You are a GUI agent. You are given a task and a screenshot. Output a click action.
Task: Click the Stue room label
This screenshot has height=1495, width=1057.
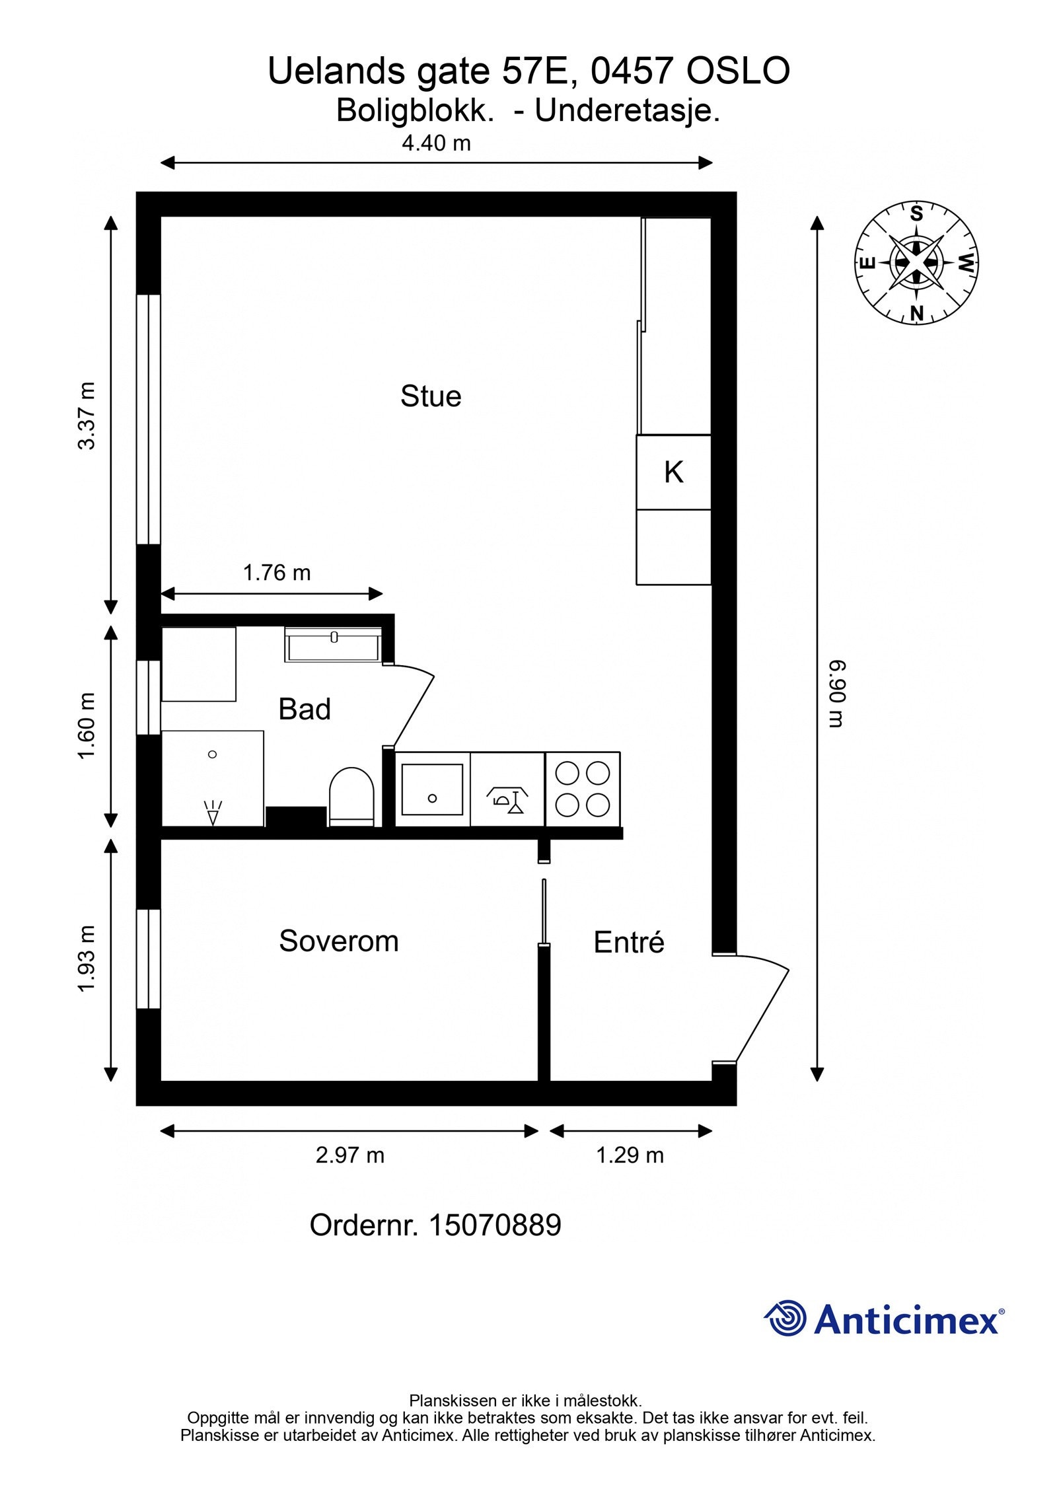430,396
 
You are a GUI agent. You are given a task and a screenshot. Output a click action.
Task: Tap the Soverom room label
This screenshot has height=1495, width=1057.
338,941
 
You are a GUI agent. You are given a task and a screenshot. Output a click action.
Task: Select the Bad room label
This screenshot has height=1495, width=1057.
304,709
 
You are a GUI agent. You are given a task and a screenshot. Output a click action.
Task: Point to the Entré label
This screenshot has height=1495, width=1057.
628,942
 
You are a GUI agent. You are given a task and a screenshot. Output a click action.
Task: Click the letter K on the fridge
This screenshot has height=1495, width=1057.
673,472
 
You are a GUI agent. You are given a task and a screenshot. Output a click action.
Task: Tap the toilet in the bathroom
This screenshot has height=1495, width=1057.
351,797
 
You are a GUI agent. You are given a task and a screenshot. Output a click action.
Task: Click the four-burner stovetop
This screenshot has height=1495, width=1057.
583,789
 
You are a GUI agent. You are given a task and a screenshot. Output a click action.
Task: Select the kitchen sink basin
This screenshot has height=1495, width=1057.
432,789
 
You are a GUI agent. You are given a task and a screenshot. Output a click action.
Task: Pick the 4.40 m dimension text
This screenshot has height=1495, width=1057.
436,143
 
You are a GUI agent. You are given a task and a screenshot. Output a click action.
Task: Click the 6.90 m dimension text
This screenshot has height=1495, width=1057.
836,694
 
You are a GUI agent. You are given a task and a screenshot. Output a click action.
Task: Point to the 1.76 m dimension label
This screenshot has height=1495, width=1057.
276,572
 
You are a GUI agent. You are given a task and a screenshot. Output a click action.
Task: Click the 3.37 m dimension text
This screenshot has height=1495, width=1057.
87,416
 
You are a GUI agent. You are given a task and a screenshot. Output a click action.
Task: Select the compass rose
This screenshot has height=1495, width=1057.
916,263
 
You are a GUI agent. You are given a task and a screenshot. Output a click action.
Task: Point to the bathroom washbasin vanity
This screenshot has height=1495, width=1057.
334,644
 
